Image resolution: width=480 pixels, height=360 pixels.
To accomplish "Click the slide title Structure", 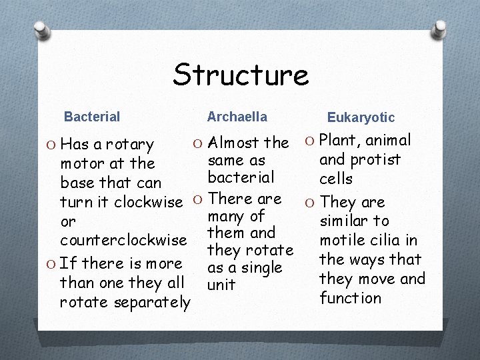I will click(x=241, y=75).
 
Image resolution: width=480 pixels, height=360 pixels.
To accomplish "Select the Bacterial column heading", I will click(x=92, y=117).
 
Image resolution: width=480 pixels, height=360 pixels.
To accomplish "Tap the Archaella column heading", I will click(x=237, y=117).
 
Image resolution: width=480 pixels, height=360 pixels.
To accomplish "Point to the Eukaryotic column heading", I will click(x=361, y=117).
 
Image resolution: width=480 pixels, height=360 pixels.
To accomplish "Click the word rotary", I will click(x=131, y=144).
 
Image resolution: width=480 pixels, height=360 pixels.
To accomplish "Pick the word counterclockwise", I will click(x=123, y=239).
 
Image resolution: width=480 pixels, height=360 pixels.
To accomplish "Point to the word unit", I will click(x=222, y=285).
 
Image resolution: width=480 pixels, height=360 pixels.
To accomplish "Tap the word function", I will click(x=350, y=298).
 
